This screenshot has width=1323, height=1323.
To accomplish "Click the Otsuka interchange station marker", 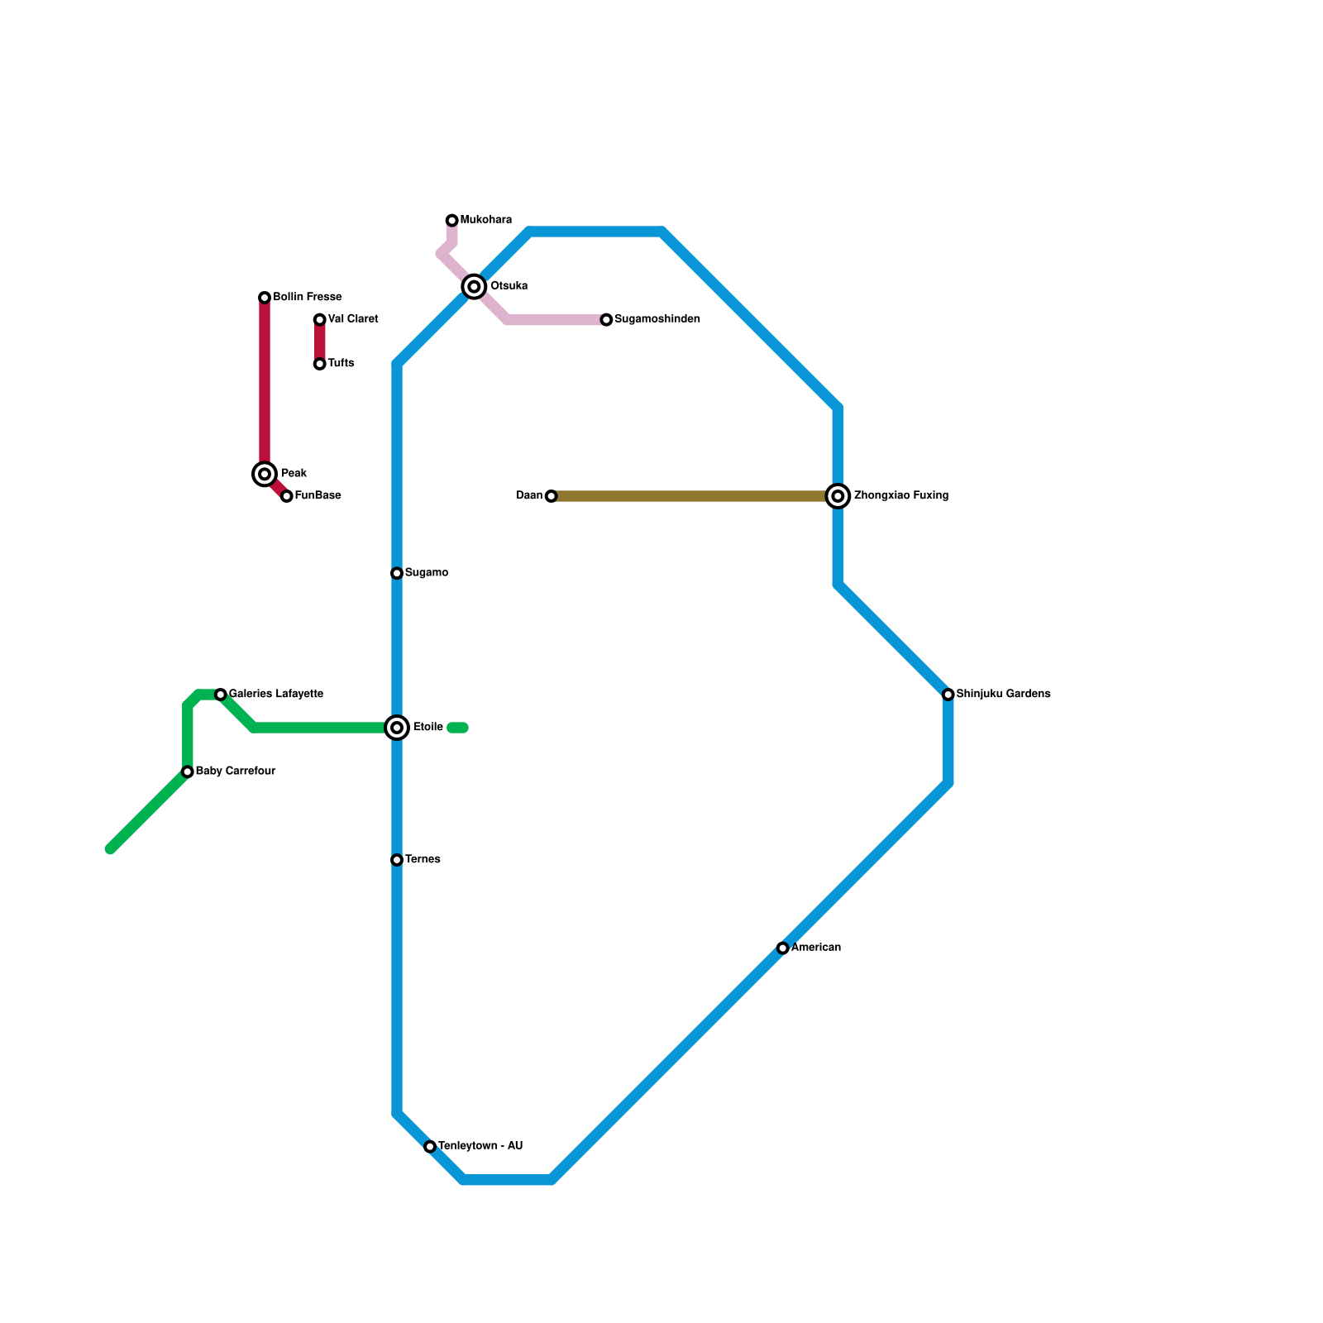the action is (474, 287).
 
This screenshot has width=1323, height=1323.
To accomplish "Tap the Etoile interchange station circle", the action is (397, 728).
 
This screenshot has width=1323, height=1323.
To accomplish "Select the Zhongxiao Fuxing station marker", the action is (838, 496).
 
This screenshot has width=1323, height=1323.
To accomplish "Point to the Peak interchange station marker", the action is (265, 474).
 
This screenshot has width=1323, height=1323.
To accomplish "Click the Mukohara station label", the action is (485, 220).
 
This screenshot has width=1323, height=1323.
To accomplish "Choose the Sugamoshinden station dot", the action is (606, 320).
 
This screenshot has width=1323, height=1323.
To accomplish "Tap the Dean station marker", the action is (551, 496).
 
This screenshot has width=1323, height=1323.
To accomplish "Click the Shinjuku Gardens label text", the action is (1003, 694).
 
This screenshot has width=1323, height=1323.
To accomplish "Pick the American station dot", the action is (783, 948).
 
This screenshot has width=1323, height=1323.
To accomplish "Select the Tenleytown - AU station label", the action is (480, 1146).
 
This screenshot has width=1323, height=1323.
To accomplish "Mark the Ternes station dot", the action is (397, 860).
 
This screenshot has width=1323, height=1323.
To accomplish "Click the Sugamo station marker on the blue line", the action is (397, 573).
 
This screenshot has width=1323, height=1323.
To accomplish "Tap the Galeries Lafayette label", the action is (275, 694).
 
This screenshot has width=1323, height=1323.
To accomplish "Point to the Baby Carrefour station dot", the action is (188, 771).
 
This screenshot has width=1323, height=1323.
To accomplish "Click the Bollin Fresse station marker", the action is (265, 298).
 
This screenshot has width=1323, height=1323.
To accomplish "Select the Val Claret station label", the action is (353, 319).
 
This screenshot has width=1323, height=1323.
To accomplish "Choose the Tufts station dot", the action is (319, 364).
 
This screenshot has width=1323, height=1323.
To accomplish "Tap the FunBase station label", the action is (318, 496).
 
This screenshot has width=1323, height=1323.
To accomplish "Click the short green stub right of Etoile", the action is (458, 728).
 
